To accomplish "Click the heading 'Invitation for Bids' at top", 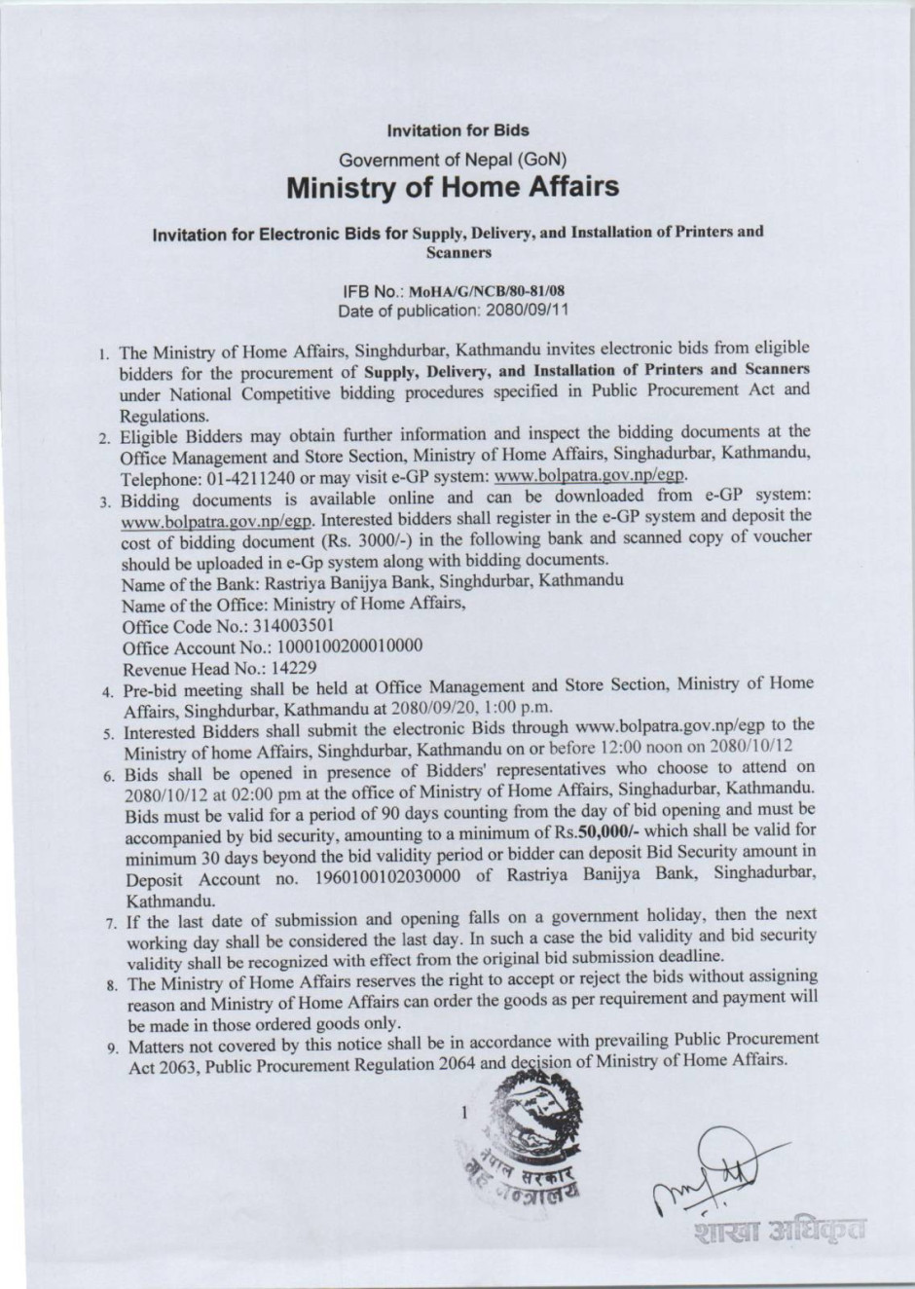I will coord(457,129).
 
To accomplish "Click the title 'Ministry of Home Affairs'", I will coord(454,186).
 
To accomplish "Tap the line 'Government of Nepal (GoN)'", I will coord(454,158).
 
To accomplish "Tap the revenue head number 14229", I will coord(295,669).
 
